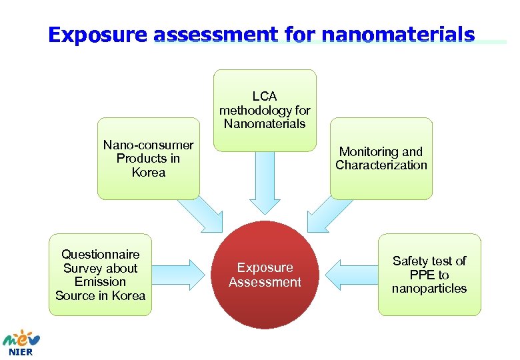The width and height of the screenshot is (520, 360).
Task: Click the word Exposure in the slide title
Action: click(x=97, y=35)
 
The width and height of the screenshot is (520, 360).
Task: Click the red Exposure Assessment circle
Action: click(x=265, y=275)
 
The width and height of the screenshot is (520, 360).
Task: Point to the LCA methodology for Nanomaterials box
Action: click(x=265, y=110)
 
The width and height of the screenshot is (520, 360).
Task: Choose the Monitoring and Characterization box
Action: click(x=381, y=159)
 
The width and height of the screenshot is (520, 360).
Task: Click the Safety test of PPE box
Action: click(x=429, y=275)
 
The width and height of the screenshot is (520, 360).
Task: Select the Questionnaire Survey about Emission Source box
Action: click(x=100, y=275)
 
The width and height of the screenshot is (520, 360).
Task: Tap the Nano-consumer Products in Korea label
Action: click(x=149, y=159)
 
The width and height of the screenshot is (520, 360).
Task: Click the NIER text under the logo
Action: click(x=20, y=352)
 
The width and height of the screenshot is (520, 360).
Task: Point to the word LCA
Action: click(x=265, y=97)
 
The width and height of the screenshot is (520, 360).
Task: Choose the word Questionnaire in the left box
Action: click(x=101, y=254)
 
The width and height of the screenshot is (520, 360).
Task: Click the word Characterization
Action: click(x=381, y=165)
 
